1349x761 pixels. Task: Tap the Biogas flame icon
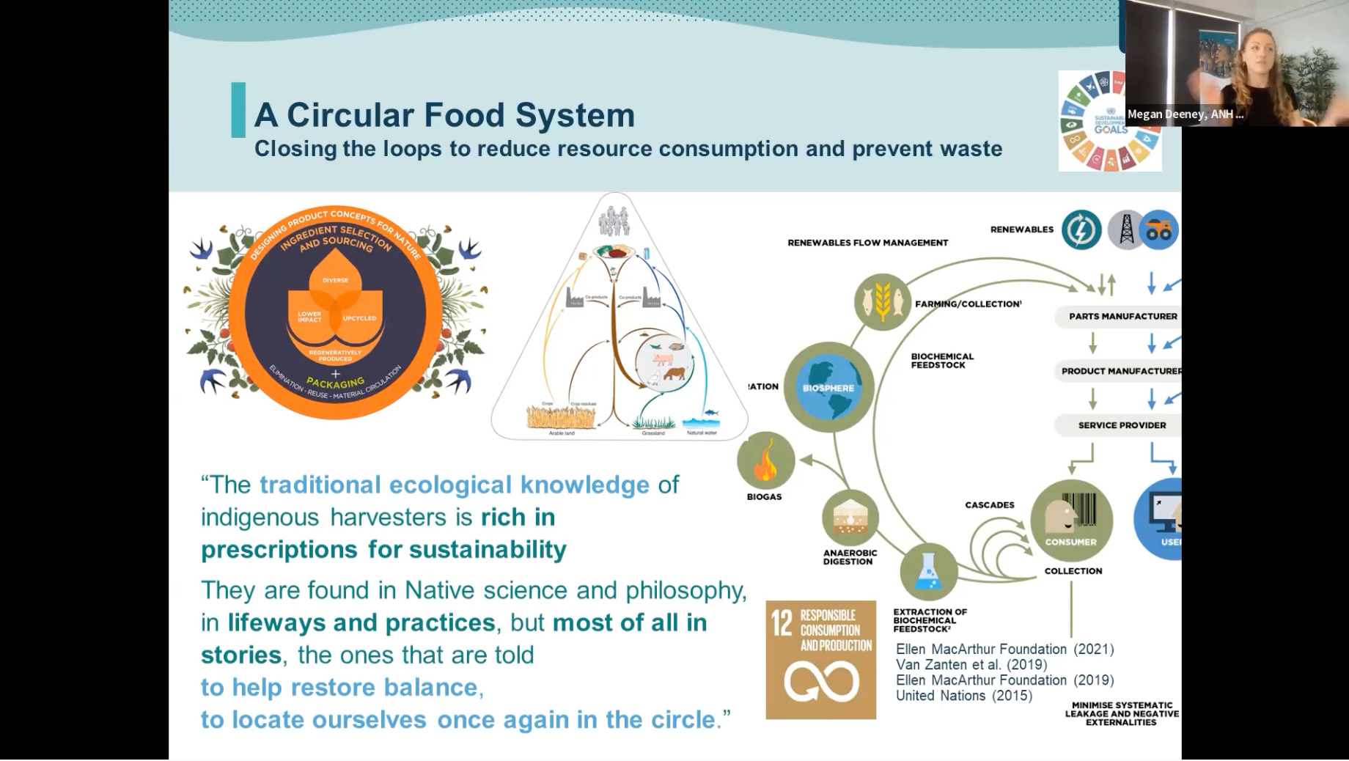click(x=765, y=461)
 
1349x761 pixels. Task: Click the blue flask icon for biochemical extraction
click(x=928, y=572)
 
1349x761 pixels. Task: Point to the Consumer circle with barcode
click(x=1071, y=520)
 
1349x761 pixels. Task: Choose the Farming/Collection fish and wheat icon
click(x=882, y=301)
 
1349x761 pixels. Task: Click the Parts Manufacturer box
click(x=1122, y=316)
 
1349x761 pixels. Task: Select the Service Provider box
click(x=1121, y=425)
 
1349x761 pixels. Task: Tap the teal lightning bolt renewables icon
click(x=1081, y=229)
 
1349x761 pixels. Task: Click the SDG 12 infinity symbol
click(x=820, y=681)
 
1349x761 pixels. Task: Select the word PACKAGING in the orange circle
click(x=335, y=383)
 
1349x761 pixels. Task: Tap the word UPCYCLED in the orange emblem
click(x=359, y=318)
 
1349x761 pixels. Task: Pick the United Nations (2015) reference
click(x=963, y=696)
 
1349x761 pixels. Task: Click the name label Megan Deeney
click(x=1184, y=114)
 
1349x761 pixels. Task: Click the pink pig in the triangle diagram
click(x=663, y=359)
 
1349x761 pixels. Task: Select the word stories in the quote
click(x=241, y=655)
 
